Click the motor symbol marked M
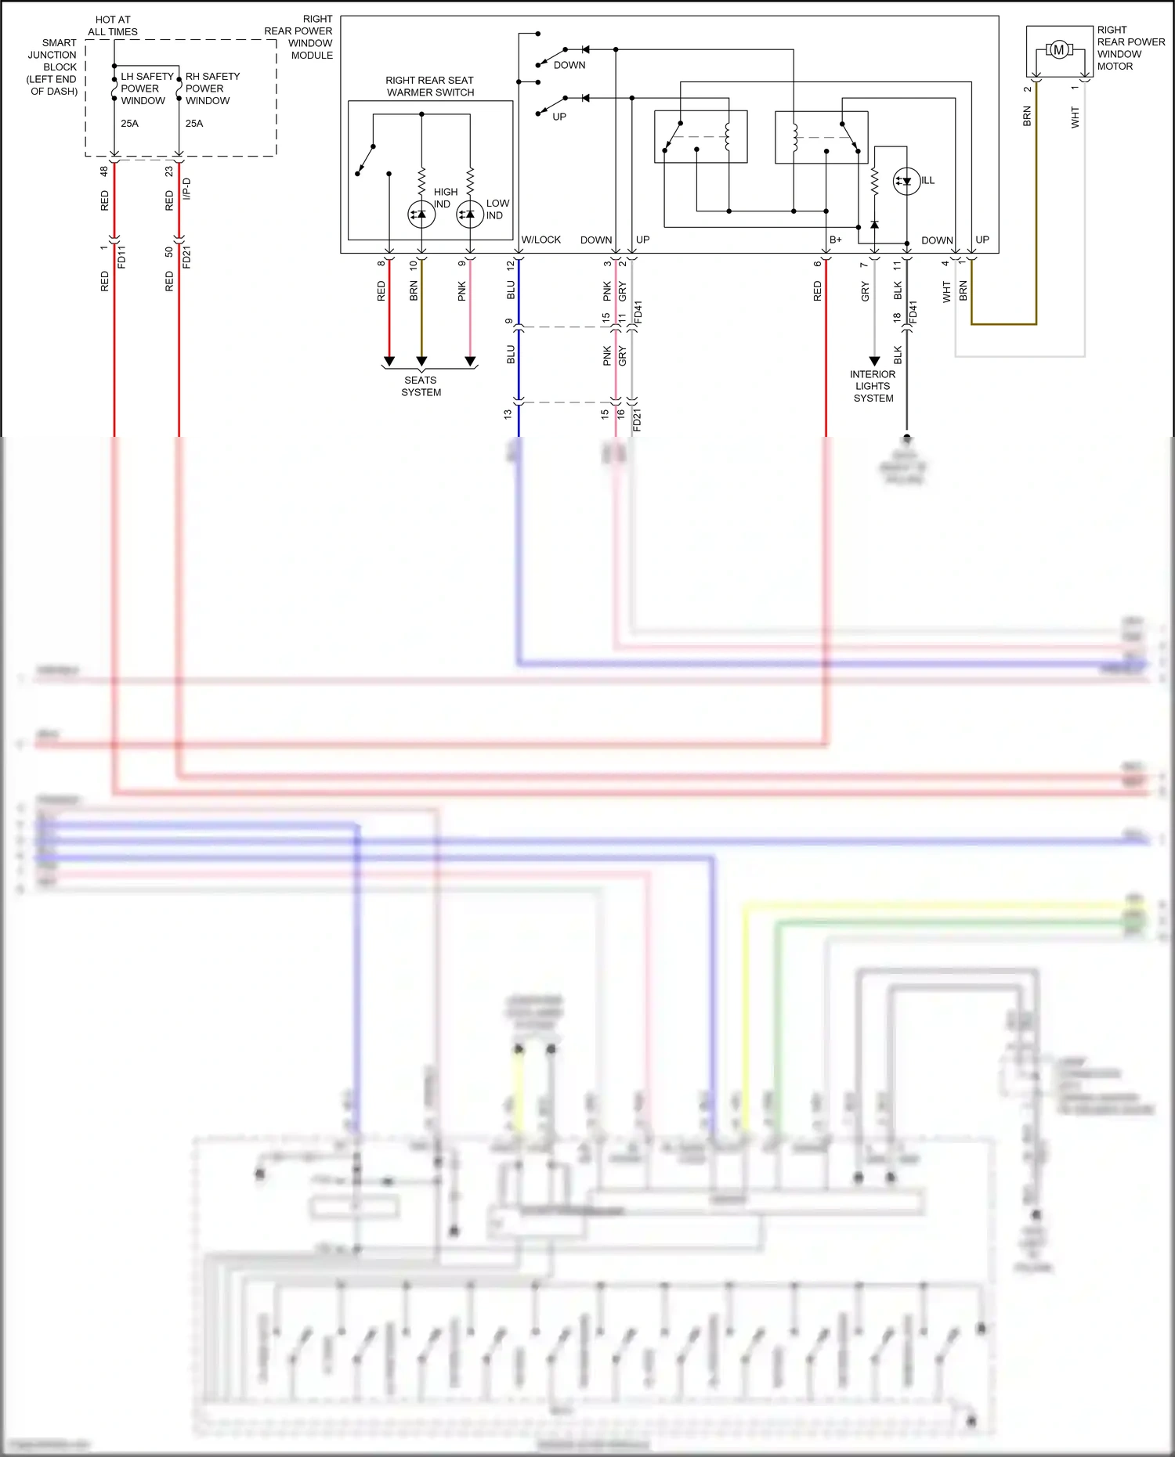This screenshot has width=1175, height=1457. (1058, 50)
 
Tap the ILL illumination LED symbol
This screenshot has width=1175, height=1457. (906, 182)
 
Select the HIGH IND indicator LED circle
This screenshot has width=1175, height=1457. (421, 214)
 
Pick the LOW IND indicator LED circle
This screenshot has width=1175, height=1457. (470, 214)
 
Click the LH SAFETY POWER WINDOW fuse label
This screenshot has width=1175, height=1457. (146, 88)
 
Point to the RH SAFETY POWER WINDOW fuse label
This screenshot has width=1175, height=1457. (211, 88)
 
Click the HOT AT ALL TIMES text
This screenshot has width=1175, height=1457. (113, 26)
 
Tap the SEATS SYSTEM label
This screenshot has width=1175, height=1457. (421, 386)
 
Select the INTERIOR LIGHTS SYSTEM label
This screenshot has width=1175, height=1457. (873, 386)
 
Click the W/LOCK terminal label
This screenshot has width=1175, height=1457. (540, 240)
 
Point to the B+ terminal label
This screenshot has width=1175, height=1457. (835, 240)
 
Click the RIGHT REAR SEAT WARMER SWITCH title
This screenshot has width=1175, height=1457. (430, 86)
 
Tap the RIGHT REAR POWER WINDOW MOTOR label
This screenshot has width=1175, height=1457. (1130, 48)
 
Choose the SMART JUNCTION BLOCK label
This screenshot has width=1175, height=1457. (53, 67)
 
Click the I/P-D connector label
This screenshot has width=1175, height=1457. (186, 189)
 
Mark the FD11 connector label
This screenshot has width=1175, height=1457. (121, 257)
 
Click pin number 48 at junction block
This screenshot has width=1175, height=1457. (103, 171)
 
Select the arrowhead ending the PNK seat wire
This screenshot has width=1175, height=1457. (470, 361)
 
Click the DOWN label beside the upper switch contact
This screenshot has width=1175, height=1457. (569, 65)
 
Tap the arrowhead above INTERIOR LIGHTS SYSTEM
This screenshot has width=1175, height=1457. (874, 361)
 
